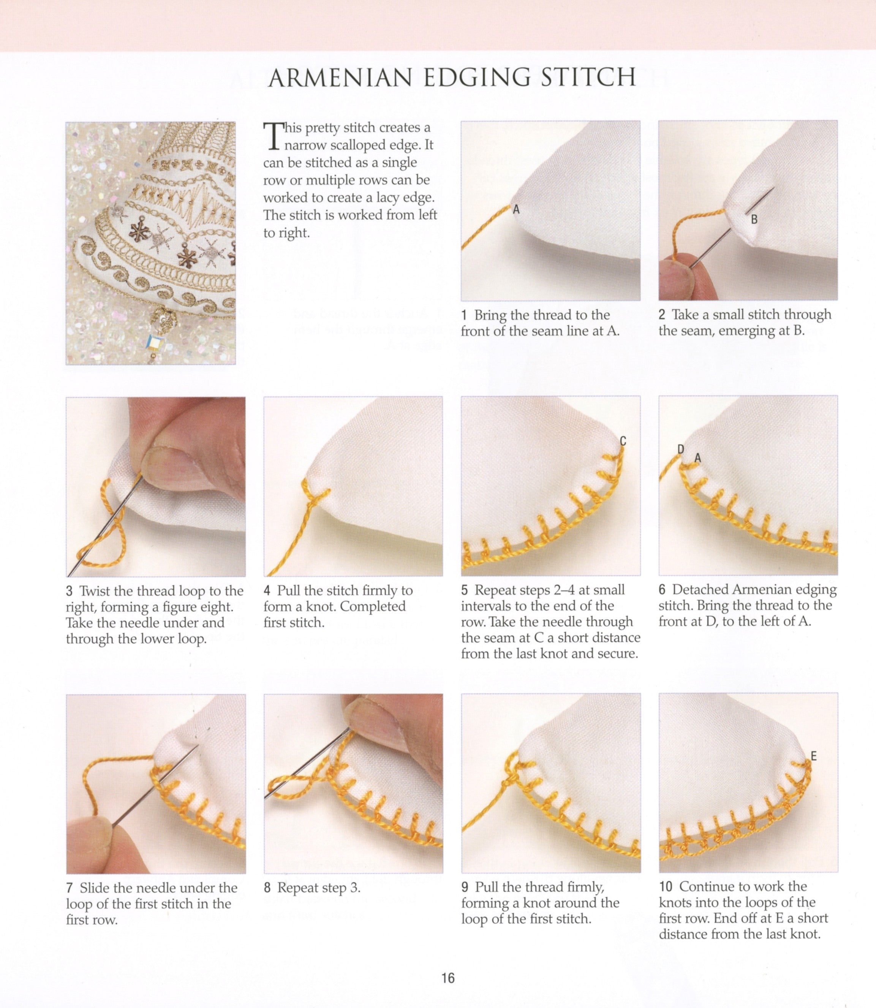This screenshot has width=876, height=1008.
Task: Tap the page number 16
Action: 448,978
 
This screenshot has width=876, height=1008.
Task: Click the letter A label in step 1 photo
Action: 516,210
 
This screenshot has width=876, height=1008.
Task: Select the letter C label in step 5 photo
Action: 623,441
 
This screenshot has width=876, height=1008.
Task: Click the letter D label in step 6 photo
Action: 680,449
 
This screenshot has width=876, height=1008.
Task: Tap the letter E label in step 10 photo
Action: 813,756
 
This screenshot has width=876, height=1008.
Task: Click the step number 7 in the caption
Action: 70,887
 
